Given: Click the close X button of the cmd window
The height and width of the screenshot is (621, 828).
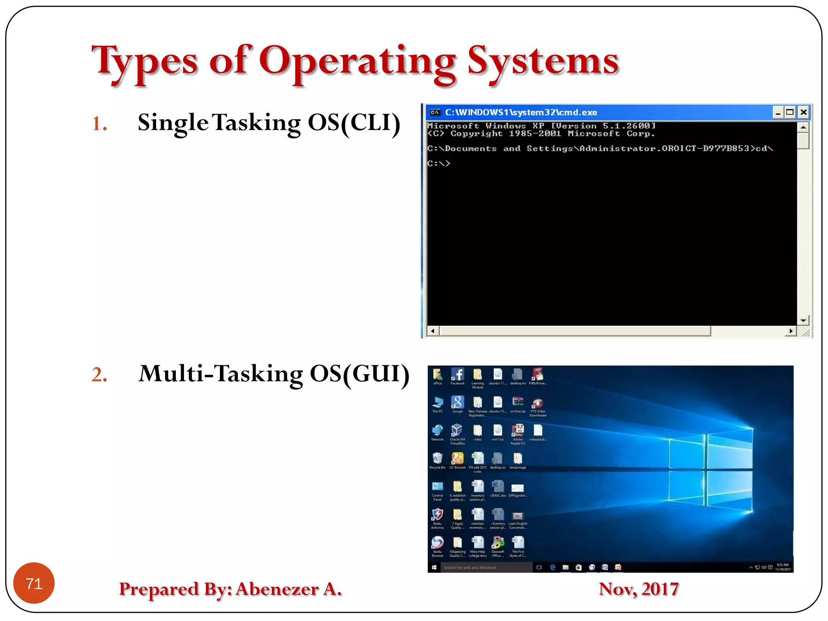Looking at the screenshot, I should (x=803, y=112).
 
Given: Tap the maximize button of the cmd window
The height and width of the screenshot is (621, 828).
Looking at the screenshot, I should (x=790, y=112).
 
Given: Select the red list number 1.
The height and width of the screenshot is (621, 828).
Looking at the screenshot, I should (x=99, y=123).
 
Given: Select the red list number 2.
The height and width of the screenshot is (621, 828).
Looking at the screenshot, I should (x=99, y=374).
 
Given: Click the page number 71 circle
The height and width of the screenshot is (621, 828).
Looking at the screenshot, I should (x=34, y=583).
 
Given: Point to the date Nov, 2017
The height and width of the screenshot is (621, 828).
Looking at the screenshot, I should (x=638, y=589).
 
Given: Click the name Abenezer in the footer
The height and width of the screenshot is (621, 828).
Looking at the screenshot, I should (x=277, y=589).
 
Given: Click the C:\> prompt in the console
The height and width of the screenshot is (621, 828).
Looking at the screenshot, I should (x=439, y=163).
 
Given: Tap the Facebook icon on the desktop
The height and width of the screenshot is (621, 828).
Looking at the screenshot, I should (x=457, y=375).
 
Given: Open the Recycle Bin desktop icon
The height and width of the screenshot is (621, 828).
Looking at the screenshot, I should (x=437, y=459).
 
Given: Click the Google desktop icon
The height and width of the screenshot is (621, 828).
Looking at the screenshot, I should (x=457, y=403).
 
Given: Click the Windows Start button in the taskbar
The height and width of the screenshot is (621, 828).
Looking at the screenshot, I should (x=434, y=567).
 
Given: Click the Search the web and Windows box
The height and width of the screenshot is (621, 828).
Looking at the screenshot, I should (x=485, y=567).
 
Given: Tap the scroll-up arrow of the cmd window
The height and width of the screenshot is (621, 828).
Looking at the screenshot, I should (x=803, y=127).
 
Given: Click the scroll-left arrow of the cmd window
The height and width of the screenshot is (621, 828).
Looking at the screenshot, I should (x=433, y=331).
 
